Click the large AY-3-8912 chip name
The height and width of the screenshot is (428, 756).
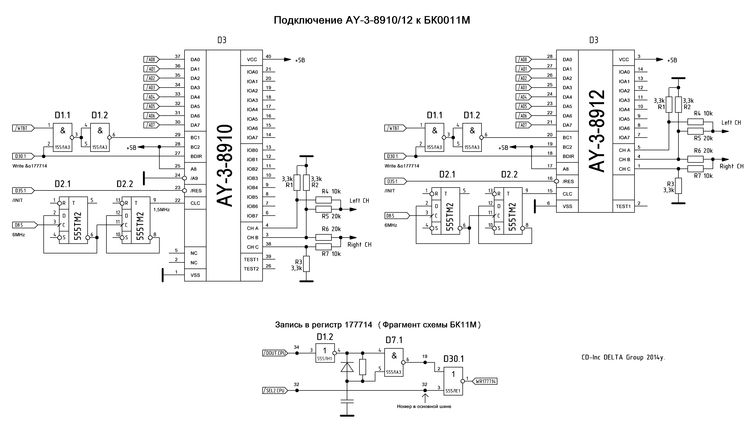point(597,131)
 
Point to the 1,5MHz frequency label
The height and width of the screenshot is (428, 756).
point(161,210)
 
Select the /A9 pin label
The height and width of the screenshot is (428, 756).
point(194,179)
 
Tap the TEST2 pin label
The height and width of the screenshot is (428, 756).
point(251,269)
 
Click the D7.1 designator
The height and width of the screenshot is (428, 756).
point(394,340)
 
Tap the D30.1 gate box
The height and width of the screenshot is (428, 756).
point(453,381)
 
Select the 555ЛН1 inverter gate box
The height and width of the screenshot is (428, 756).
point(325,353)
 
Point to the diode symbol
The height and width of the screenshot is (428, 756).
point(347,367)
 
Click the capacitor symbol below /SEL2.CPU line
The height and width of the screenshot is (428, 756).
point(347,401)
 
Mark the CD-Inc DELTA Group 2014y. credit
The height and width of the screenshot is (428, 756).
point(623,357)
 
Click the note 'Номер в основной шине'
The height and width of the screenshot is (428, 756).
point(424,407)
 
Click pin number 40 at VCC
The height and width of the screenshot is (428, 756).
point(268,56)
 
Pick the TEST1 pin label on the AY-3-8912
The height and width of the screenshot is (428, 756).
point(623,206)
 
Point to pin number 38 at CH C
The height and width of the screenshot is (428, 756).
point(268,244)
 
